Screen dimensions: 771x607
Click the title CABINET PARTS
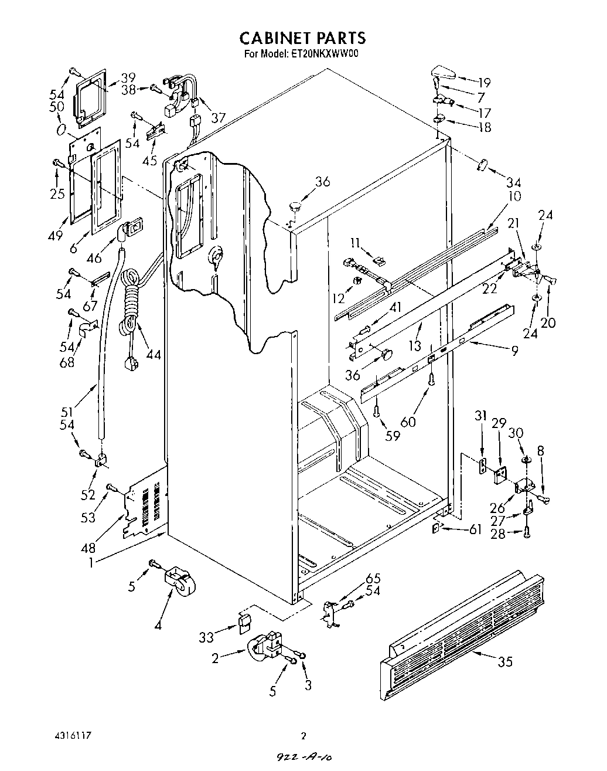click(302, 38)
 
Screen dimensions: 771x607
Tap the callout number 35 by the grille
click(504, 662)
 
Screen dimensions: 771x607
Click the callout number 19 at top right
click(484, 83)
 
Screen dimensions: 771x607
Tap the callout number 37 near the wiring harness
click(218, 118)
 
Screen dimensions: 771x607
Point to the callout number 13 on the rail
click(415, 346)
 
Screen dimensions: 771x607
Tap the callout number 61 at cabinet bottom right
click(475, 530)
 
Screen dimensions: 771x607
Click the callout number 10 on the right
click(514, 196)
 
